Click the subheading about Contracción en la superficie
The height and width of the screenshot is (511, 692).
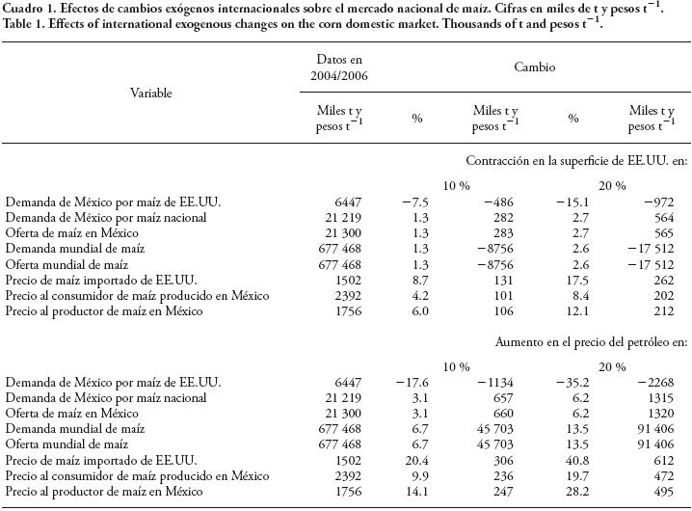click(576, 159)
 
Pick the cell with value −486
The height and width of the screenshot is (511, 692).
click(497, 202)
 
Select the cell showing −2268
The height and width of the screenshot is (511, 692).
click(656, 384)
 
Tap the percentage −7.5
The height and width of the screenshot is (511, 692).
click(410, 202)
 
